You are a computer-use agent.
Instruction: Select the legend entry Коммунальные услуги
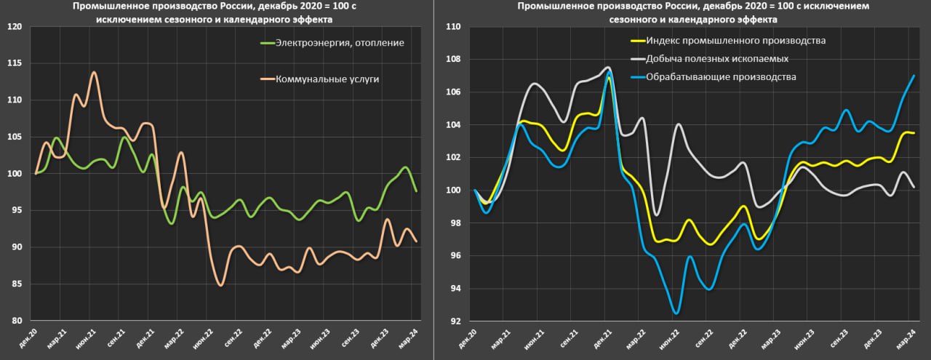coord(327,79)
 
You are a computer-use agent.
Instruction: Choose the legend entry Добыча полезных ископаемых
coord(717,58)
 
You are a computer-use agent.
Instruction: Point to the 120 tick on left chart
coord(15,27)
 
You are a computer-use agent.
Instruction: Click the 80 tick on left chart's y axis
coord(17,321)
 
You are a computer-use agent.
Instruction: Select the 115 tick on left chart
coord(15,63)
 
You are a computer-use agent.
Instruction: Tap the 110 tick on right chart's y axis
coord(452,27)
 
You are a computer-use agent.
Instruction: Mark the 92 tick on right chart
coord(455,321)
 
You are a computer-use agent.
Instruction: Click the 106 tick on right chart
coord(452,92)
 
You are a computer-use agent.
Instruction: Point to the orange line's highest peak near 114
coord(94,72)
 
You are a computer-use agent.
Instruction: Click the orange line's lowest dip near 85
coord(220,285)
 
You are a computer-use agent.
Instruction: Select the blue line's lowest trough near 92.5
coord(676,313)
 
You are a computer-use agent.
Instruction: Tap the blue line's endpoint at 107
coord(914,76)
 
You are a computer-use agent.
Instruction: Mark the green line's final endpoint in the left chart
coord(415,191)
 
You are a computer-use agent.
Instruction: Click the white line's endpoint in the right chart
coord(914,187)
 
